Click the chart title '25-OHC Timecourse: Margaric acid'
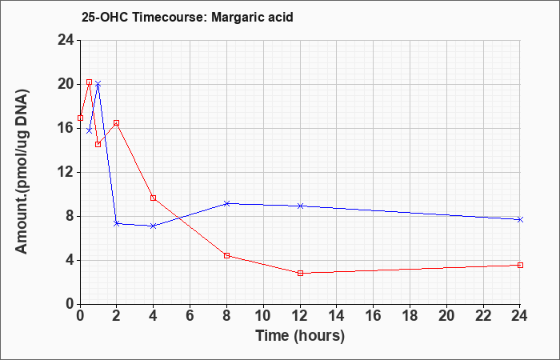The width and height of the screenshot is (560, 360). click(x=187, y=17)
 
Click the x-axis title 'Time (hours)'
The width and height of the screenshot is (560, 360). click(x=300, y=336)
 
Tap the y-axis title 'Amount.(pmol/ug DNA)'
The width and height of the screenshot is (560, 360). click(x=22, y=172)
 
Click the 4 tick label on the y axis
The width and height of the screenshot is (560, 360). click(x=70, y=260)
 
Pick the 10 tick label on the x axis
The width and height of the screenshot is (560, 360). click(x=263, y=316)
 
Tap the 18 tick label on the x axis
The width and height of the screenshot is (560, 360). click(x=410, y=316)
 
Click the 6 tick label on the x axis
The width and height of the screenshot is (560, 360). click(x=190, y=316)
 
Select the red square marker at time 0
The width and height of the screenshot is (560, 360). click(x=80, y=118)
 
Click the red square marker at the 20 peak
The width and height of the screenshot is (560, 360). click(x=90, y=82)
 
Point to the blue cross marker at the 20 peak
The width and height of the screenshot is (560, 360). click(x=98, y=84)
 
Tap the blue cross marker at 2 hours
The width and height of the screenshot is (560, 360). click(x=117, y=223)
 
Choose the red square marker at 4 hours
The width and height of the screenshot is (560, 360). click(x=154, y=198)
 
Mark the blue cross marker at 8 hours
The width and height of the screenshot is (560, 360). click(x=226, y=203)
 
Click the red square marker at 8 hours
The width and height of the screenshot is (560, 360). click(x=226, y=255)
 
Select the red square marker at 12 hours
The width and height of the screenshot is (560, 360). click(x=300, y=274)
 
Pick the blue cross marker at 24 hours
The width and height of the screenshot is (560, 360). click(x=520, y=220)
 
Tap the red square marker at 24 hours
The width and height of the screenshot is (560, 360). click(x=520, y=265)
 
